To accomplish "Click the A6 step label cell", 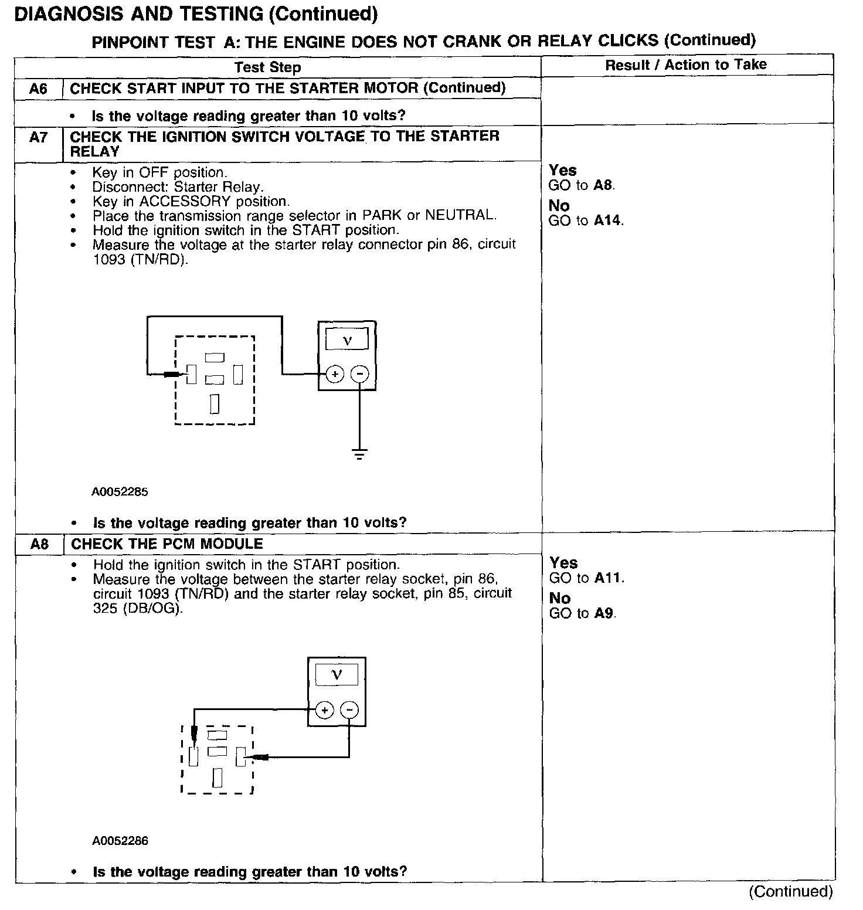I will [x=38, y=89].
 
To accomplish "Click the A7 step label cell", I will [x=38, y=138].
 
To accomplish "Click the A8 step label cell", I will [x=39, y=545].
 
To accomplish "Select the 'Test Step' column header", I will [x=267, y=67].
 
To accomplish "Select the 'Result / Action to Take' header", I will [x=685, y=65].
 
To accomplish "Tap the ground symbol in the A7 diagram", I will [x=359, y=453].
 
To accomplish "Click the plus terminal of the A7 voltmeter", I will [x=334, y=374].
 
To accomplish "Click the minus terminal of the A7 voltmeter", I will [x=360, y=374].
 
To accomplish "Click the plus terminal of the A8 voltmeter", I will [x=324, y=711].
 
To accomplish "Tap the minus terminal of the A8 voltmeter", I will [x=349, y=711].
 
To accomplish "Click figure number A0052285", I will [x=120, y=492].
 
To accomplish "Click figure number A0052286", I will [x=120, y=841].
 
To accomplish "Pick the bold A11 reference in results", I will [x=608, y=578].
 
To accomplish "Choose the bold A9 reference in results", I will [x=604, y=613].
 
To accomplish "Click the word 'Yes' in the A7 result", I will [x=563, y=171].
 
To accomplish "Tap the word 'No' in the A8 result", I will [x=560, y=598].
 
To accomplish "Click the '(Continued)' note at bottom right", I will [x=790, y=891].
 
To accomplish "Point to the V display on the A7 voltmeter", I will [x=347, y=339].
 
